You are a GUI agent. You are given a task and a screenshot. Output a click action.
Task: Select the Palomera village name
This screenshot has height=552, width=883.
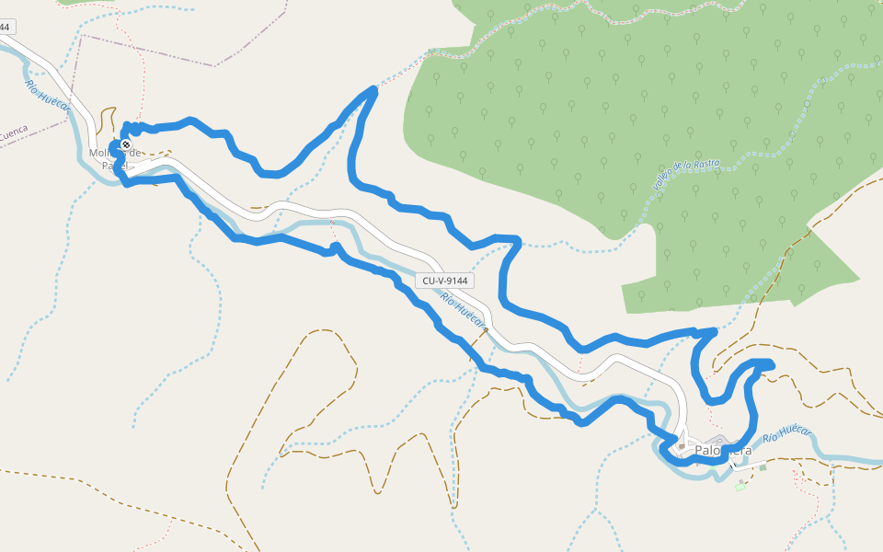pyautogui.click(x=723, y=450)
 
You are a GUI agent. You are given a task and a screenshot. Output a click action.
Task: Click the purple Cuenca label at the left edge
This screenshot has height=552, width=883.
pyautogui.click(x=14, y=134)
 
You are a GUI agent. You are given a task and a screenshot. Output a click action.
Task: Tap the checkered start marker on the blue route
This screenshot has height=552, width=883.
pyautogui.click(x=125, y=144)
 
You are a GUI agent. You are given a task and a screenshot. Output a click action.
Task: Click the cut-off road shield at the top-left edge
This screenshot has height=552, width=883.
pyautogui.click(x=5, y=28)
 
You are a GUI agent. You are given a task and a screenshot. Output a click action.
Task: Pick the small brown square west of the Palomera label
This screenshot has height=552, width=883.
pyautogui.click(x=681, y=447)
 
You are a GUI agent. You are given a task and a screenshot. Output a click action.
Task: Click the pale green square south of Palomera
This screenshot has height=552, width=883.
pyautogui.click(x=740, y=485)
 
